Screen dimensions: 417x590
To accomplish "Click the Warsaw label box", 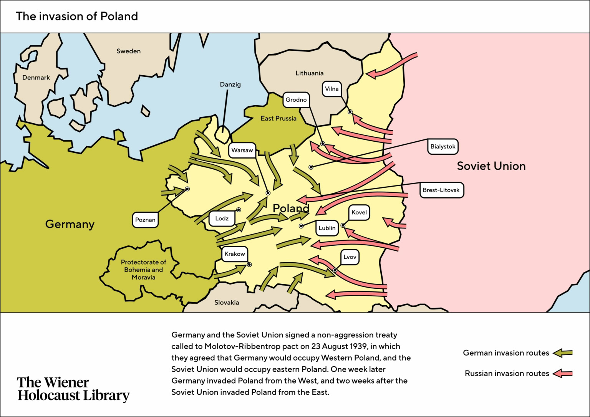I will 242,150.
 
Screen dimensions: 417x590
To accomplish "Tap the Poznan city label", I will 145,220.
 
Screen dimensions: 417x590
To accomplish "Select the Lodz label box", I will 222,218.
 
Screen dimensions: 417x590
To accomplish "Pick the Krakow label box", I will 234,254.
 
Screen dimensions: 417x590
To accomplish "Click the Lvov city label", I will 350,257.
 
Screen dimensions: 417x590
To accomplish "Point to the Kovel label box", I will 359,212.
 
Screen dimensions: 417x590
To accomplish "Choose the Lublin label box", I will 327,228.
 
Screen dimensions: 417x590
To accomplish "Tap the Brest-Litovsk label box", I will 441,190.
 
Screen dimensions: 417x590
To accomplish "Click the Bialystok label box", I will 442,147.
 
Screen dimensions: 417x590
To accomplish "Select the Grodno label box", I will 296,100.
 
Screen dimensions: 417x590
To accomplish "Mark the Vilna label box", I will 332,89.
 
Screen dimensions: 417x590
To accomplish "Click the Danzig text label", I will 230,84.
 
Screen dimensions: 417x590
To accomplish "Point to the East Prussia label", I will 278,118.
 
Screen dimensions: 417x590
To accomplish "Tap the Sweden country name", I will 129,51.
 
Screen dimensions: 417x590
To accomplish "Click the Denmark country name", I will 36,78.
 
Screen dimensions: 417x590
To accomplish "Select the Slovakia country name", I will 227,303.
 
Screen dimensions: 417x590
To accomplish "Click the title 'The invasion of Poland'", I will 77,17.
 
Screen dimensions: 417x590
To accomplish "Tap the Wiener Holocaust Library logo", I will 73,389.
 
